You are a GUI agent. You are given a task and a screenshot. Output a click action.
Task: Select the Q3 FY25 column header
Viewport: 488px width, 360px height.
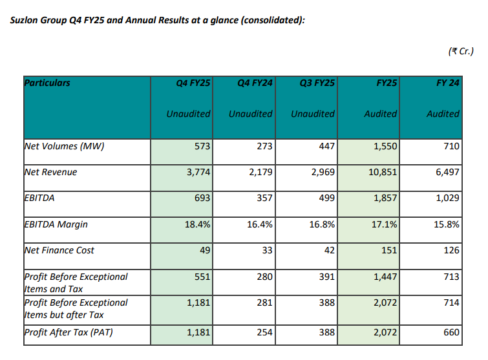click(x=317, y=83)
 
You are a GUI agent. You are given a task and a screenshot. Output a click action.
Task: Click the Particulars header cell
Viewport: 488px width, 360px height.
click(x=47, y=83)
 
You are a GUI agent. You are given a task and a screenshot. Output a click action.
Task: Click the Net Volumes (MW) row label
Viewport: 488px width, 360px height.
click(x=64, y=146)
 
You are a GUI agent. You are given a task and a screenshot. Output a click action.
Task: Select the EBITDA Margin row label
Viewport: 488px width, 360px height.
click(x=56, y=224)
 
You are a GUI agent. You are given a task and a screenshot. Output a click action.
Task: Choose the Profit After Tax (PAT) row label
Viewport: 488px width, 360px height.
click(x=70, y=333)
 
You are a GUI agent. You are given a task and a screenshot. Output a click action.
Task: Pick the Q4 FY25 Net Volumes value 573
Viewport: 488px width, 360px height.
click(x=203, y=146)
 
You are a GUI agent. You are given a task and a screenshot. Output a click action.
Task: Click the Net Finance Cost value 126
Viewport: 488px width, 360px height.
click(x=452, y=250)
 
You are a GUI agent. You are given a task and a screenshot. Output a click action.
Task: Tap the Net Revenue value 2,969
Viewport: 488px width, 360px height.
click(x=321, y=173)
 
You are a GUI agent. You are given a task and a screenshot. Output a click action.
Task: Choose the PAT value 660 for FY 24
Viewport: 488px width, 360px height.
click(x=452, y=333)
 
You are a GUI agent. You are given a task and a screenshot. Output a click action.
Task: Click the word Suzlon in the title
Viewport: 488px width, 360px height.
click(x=25, y=21)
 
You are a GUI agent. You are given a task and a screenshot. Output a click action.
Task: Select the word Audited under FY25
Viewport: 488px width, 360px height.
click(x=381, y=114)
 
